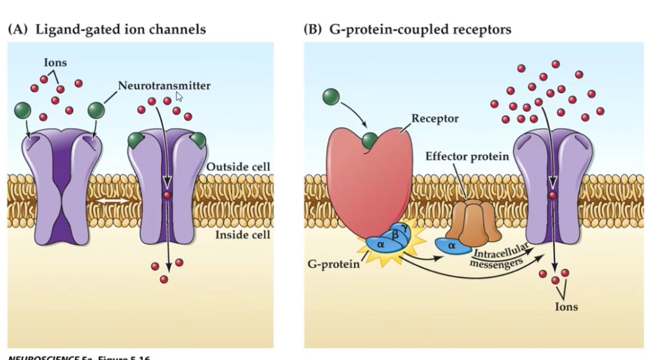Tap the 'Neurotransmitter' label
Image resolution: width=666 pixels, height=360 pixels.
(x=164, y=86)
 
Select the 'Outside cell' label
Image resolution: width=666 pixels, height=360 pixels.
(x=238, y=166)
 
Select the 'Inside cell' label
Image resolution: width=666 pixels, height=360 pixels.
(x=242, y=234)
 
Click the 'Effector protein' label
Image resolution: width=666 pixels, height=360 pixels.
(x=467, y=157)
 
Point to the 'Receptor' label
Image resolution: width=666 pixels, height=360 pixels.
(x=434, y=118)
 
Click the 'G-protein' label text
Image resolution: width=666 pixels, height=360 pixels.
(x=333, y=265)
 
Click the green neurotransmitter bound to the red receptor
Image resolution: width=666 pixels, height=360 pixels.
(x=370, y=142)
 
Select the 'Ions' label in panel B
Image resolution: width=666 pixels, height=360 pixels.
(x=566, y=307)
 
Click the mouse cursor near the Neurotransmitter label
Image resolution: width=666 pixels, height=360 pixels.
(x=179, y=97)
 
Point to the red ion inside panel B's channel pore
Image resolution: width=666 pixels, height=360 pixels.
(x=553, y=196)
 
